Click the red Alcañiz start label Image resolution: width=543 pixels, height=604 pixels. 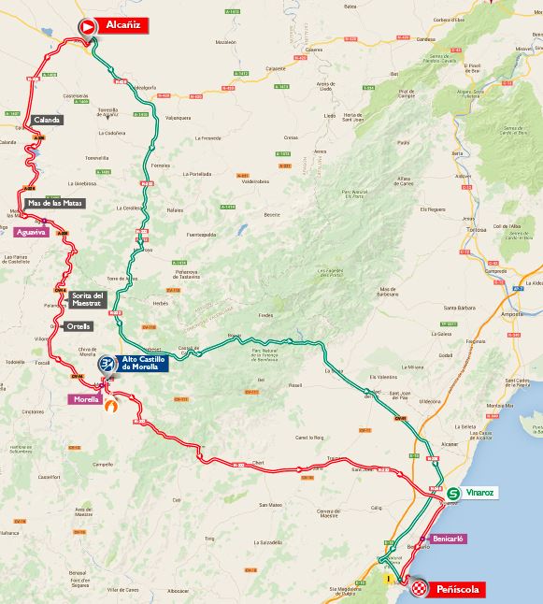[123, 26]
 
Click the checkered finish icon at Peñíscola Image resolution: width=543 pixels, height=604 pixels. [420, 588]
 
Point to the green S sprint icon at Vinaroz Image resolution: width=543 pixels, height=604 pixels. [452, 494]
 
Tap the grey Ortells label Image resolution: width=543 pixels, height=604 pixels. [79, 326]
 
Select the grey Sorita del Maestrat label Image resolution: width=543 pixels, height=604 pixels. [89, 299]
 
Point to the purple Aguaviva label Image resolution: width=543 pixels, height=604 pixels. [31, 232]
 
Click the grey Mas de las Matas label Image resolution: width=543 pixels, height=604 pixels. [55, 203]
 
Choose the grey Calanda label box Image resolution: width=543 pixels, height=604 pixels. [47, 120]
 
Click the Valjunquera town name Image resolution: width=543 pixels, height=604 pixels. [178, 118]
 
